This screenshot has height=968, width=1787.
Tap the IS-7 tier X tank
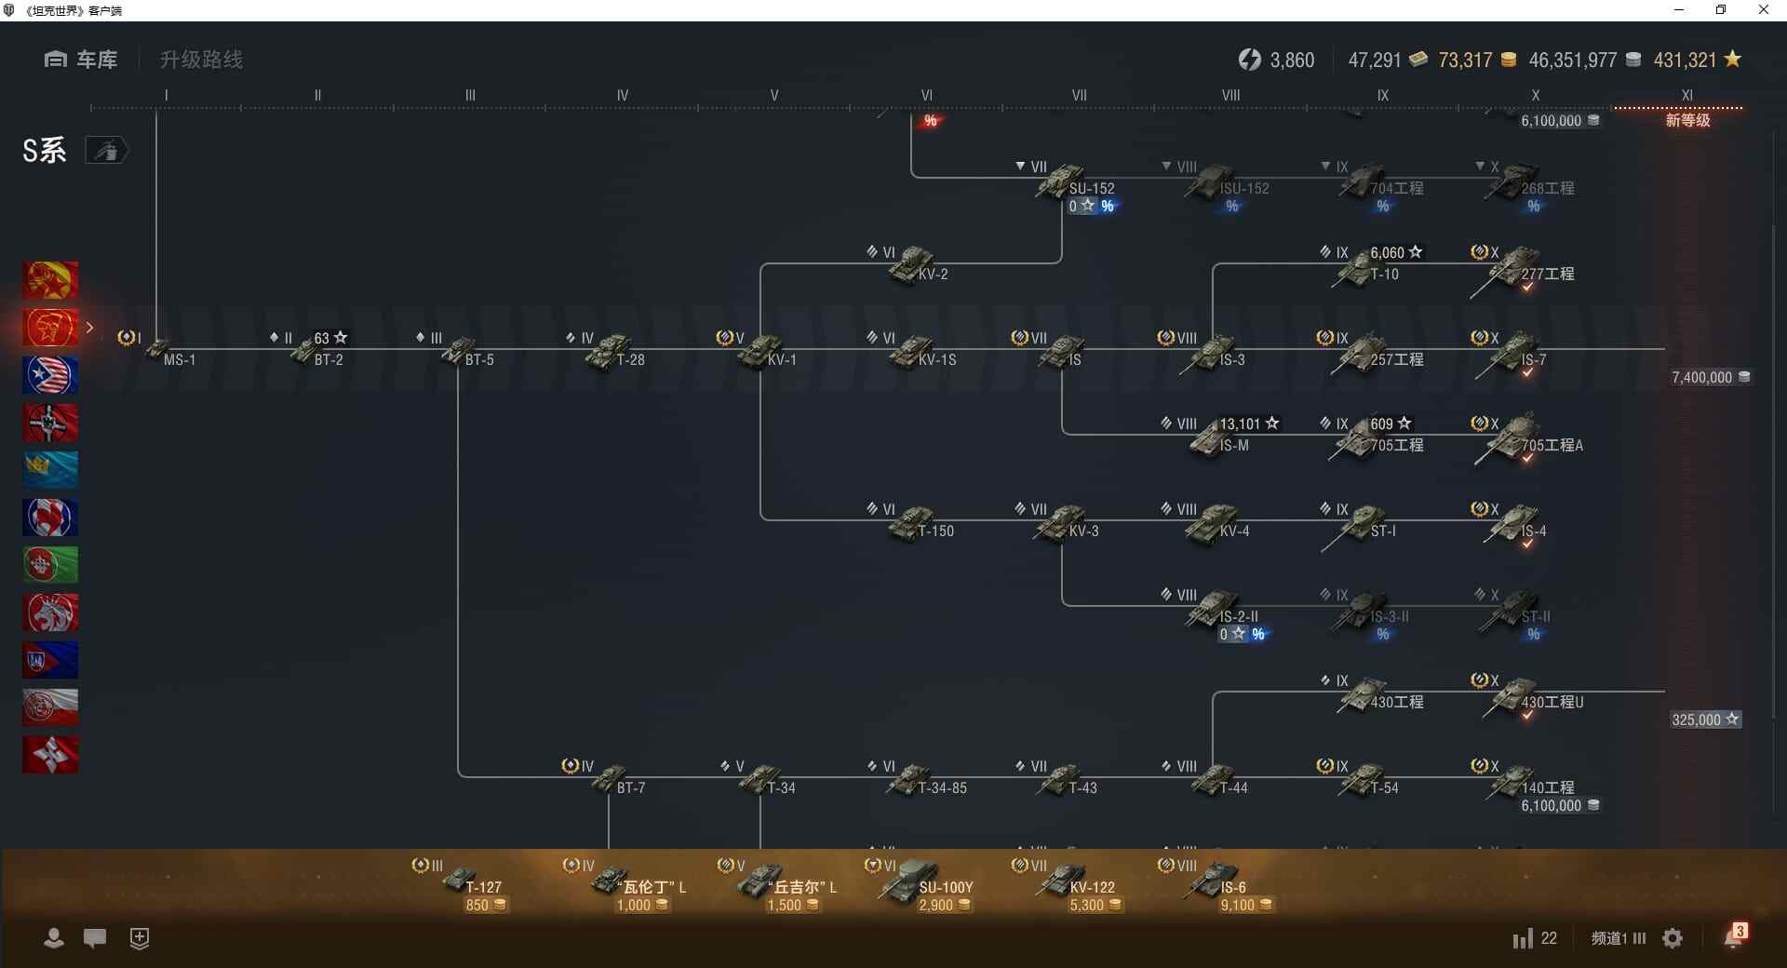coord(1512,352)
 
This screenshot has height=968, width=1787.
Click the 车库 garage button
coord(81,60)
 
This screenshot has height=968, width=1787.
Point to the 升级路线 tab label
coord(201,60)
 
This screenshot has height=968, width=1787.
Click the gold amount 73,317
coord(1465,60)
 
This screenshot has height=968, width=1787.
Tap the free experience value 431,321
coord(1685,60)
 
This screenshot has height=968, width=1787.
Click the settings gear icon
coord(1673,938)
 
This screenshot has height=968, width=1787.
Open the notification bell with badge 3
coord(1734,937)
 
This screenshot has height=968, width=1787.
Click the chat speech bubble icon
coord(95,938)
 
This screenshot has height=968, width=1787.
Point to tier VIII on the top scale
coord(1230,95)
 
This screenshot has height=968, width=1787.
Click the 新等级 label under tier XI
coord(1687,121)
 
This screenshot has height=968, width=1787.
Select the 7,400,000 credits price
coord(1702,378)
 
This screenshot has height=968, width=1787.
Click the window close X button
coord(1763,10)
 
